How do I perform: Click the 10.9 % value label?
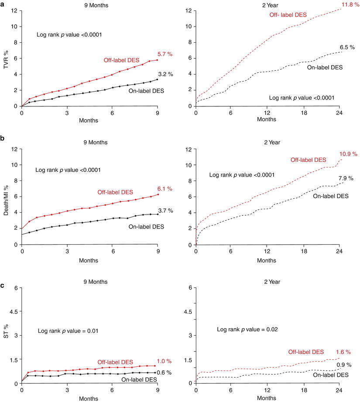pyautogui.click(x=348, y=154)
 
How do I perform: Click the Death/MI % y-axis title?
pyautogui.click(x=6, y=197)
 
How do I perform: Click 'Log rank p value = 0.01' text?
pyautogui.click(x=67, y=331)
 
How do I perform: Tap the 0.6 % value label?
pyautogui.click(x=164, y=372)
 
